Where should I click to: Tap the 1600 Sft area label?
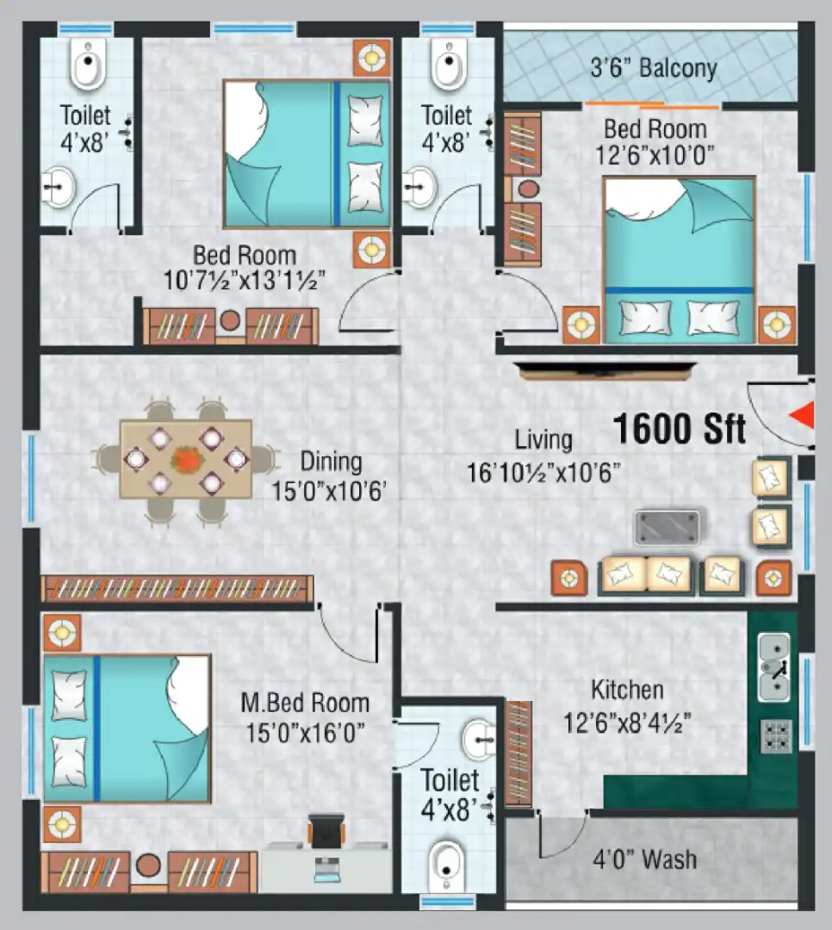tap(680, 428)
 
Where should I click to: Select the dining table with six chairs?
tap(185, 459)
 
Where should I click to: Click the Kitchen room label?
tap(627, 690)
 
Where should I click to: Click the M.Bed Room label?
tap(305, 704)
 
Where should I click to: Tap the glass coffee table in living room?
tap(667, 527)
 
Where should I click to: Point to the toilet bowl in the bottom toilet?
tap(447, 864)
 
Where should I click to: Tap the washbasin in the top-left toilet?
tap(59, 187)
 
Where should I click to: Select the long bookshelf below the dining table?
tap(177, 588)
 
